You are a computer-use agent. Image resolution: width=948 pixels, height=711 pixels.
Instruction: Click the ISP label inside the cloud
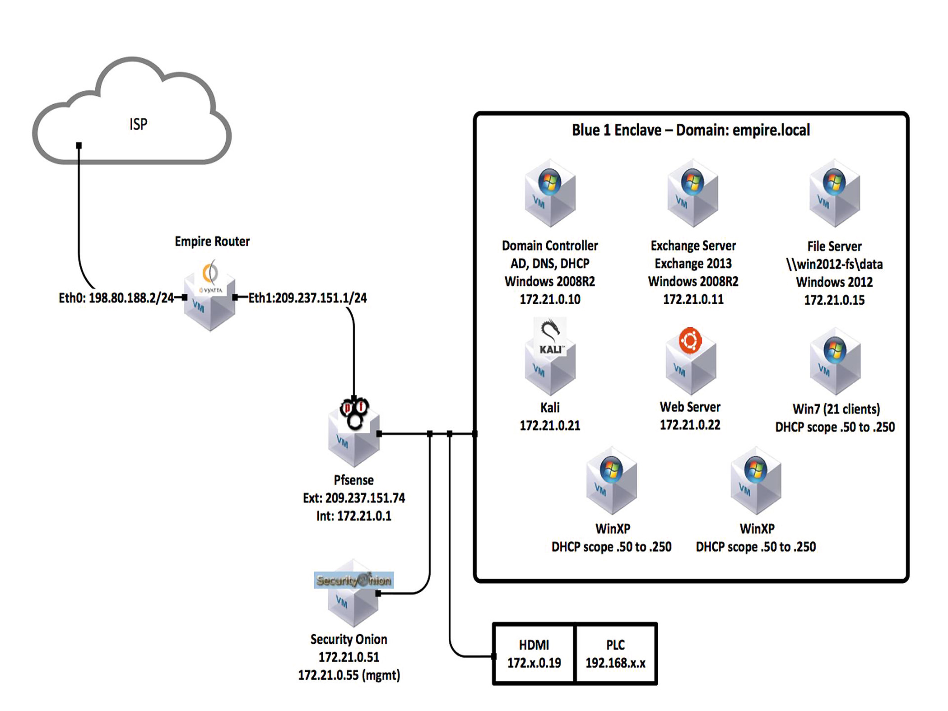click(x=138, y=124)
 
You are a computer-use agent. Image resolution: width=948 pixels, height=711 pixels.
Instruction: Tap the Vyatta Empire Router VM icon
click(x=210, y=296)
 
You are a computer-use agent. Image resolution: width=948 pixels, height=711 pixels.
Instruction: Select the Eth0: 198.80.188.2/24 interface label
click(x=116, y=298)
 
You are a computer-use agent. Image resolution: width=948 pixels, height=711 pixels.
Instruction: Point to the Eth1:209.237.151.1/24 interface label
click(x=308, y=298)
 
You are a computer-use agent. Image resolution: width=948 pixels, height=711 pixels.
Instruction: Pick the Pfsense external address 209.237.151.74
click(x=365, y=498)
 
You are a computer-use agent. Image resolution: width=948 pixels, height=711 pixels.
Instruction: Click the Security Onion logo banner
click(x=354, y=580)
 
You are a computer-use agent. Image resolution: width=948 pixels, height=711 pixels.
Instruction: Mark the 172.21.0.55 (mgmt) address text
click(x=349, y=675)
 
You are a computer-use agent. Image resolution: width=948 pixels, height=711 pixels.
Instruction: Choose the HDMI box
click(x=534, y=654)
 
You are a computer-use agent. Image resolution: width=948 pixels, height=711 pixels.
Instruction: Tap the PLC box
click(x=616, y=654)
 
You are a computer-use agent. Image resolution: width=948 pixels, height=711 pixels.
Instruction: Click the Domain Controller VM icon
click(x=550, y=193)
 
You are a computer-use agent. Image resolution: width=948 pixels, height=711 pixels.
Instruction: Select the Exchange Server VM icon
click(x=693, y=193)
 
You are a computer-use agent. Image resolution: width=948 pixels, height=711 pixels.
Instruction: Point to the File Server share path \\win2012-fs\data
click(x=834, y=264)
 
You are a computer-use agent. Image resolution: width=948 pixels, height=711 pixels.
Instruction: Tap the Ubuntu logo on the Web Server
click(x=690, y=340)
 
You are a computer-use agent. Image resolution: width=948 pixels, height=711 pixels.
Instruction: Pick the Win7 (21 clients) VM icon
click(x=835, y=362)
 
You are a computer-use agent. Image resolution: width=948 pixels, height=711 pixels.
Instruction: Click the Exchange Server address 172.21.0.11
click(x=693, y=299)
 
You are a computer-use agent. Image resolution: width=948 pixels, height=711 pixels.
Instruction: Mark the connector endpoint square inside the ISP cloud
click(x=79, y=145)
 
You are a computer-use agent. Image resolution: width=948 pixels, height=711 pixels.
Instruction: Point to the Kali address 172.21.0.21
click(x=550, y=426)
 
